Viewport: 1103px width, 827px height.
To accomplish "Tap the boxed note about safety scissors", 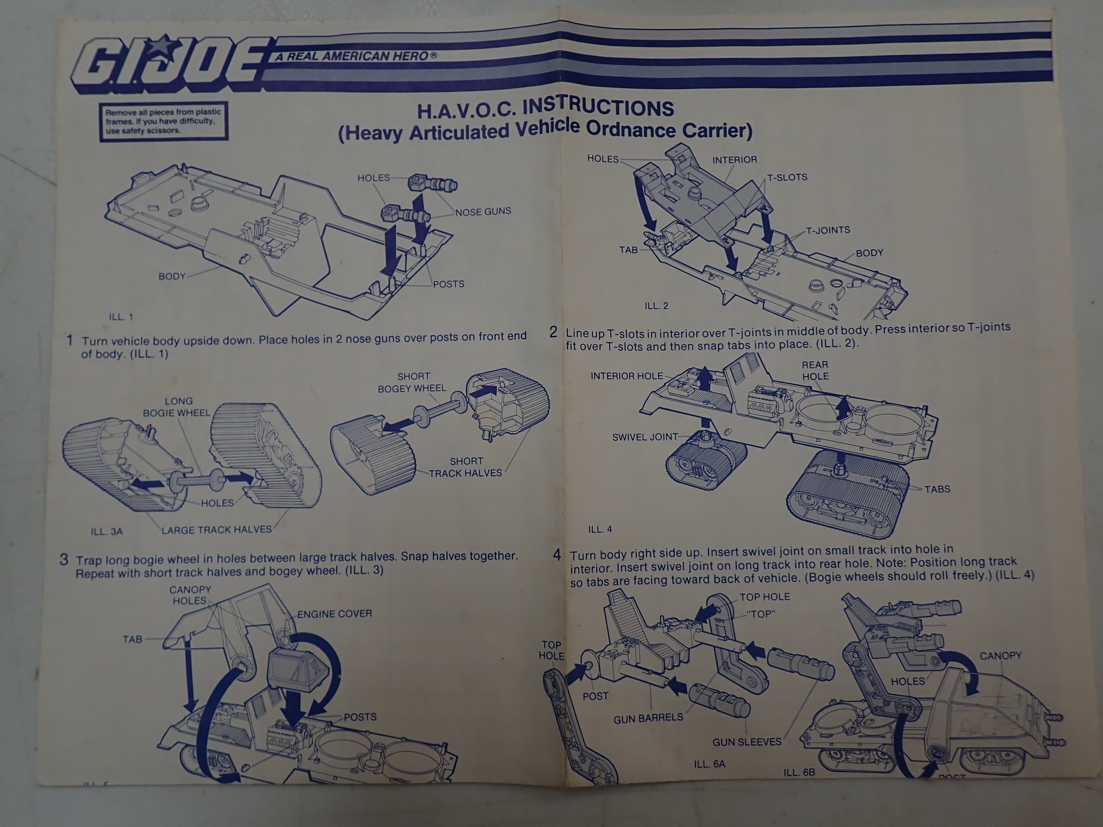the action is tap(164, 121).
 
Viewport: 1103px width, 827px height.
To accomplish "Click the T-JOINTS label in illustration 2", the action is tap(828, 230).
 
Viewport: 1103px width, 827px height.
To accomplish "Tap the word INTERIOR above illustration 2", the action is tap(735, 160).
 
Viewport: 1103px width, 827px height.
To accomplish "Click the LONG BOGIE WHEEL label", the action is tap(177, 407).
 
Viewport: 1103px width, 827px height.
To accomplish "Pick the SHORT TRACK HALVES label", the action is tap(466, 467).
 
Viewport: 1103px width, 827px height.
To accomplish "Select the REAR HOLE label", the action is tap(815, 371).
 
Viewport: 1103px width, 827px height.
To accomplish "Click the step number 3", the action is tap(64, 559).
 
